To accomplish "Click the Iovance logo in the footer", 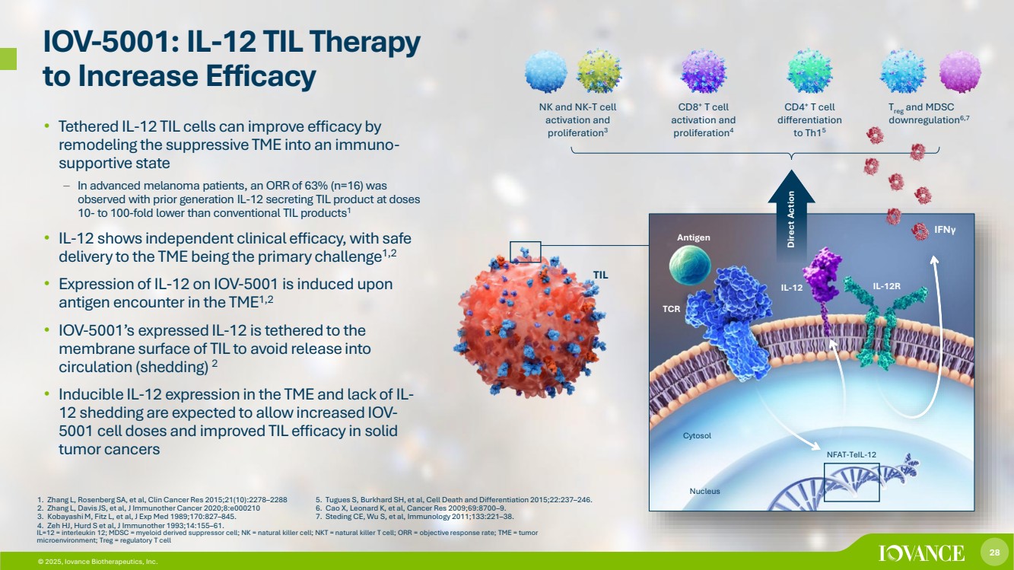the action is (x=921, y=553).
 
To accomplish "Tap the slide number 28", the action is (x=994, y=552).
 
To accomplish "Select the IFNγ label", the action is (x=945, y=230).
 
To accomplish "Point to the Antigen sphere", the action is (x=689, y=265).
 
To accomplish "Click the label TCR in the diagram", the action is (x=672, y=309).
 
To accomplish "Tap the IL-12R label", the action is (x=886, y=286).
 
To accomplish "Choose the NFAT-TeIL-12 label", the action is (x=851, y=454).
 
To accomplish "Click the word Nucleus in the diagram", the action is (x=704, y=491).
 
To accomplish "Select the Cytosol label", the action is (x=697, y=435).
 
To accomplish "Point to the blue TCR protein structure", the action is (x=729, y=321).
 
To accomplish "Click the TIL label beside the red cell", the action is (x=600, y=275).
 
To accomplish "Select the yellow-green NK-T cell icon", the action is (x=599, y=72).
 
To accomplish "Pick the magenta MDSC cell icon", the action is (x=960, y=72).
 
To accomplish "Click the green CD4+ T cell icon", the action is (x=809, y=72).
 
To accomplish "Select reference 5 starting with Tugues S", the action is (x=453, y=500).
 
